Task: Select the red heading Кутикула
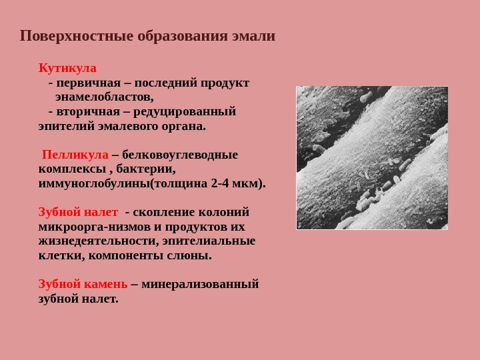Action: click(67, 69)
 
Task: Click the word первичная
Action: click(93, 83)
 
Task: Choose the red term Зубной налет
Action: click(78, 212)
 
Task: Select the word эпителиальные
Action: click(213, 241)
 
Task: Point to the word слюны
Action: click(191, 255)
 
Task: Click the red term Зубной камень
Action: click(83, 284)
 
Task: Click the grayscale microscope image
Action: click(372, 157)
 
